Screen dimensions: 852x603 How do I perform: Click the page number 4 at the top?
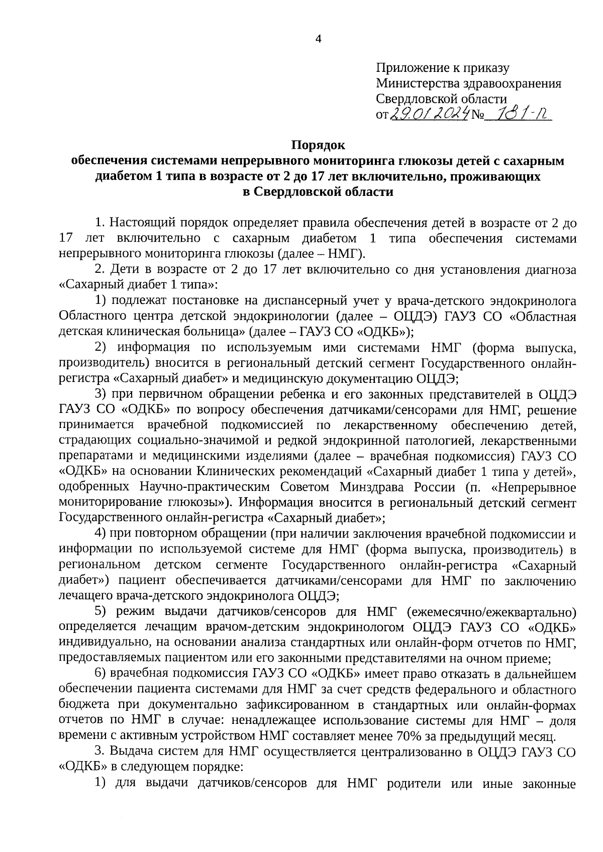click(x=317, y=39)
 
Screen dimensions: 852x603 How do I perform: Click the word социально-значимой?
click(x=188, y=441)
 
